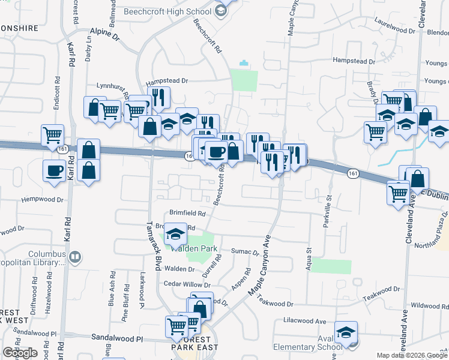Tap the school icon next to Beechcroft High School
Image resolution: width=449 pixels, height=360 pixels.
pyautogui.click(x=220, y=10)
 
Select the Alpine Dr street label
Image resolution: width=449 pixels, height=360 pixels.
pyautogui.click(x=105, y=34)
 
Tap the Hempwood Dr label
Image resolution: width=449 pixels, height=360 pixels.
pyautogui.click(x=42, y=199)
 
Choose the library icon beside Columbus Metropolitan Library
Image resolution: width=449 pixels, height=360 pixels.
pyautogui.click(x=75, y=258)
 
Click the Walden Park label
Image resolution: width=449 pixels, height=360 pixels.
pyautogui.click(x=194, y=248)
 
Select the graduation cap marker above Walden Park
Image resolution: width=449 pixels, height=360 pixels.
pyautogui.click(x=175, y=234)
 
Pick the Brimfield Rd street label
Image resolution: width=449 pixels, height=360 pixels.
pyautogui.click(x=187, y=212)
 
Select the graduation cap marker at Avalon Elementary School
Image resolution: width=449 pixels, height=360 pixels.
pyautogui.click(x=346, y=332)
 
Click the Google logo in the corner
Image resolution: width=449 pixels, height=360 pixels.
pyautogui.click(x=20, y=353)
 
